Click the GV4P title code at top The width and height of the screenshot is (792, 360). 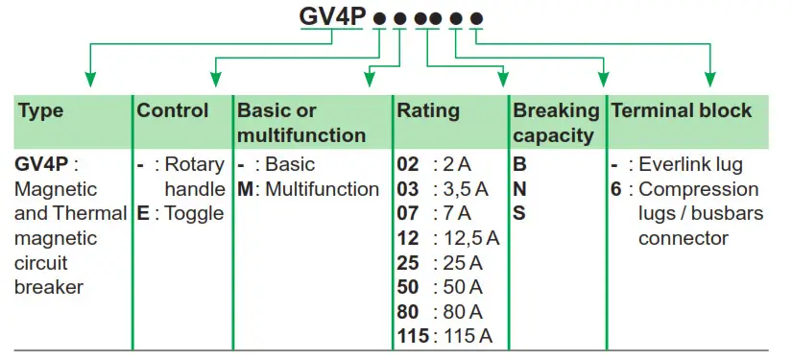click(332, 17)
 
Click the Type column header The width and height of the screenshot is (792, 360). click(40, 110)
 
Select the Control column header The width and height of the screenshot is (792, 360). click(173, 110)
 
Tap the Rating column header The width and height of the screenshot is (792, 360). click(428, 110)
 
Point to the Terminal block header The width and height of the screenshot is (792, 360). click(682, 110)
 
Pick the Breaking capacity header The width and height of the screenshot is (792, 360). click(556, 122)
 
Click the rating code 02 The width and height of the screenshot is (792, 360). click(408, 165)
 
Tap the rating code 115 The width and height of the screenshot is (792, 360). click(414, 336)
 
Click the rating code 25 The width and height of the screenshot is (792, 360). click(408, 263)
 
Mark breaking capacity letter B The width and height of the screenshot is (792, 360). click(519, 165)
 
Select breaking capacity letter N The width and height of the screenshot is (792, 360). click(519, 189)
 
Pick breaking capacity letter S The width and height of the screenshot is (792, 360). click(519, 213)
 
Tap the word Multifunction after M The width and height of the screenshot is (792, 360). click(323, 189)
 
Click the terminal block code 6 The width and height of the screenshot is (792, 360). click(616, 189)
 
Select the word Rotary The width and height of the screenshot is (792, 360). click(195, 165)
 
